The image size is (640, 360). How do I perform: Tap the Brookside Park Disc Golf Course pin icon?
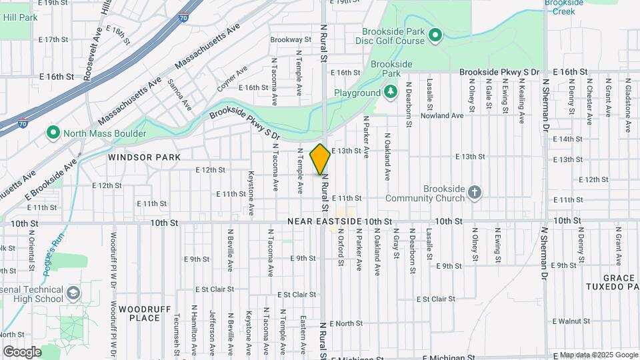435,35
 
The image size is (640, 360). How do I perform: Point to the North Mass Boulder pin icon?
53,133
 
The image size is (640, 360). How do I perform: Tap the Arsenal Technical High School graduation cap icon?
73,293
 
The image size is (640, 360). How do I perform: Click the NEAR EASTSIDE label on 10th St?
324,221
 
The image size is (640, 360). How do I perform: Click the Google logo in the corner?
22,351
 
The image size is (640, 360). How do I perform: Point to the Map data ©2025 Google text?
598,355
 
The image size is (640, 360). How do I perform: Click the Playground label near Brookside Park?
357,93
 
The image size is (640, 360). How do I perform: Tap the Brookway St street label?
291,40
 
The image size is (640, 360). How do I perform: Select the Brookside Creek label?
563,7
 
